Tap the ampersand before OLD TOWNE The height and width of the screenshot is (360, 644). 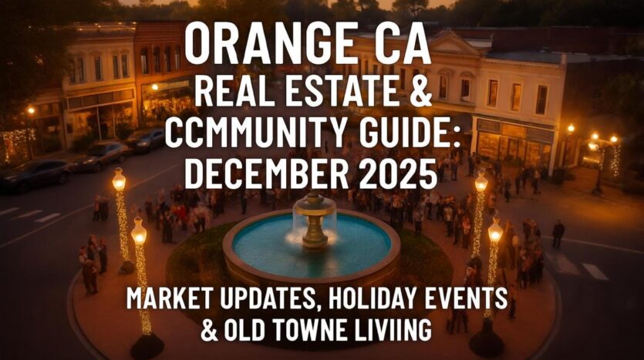coord(210,332)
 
